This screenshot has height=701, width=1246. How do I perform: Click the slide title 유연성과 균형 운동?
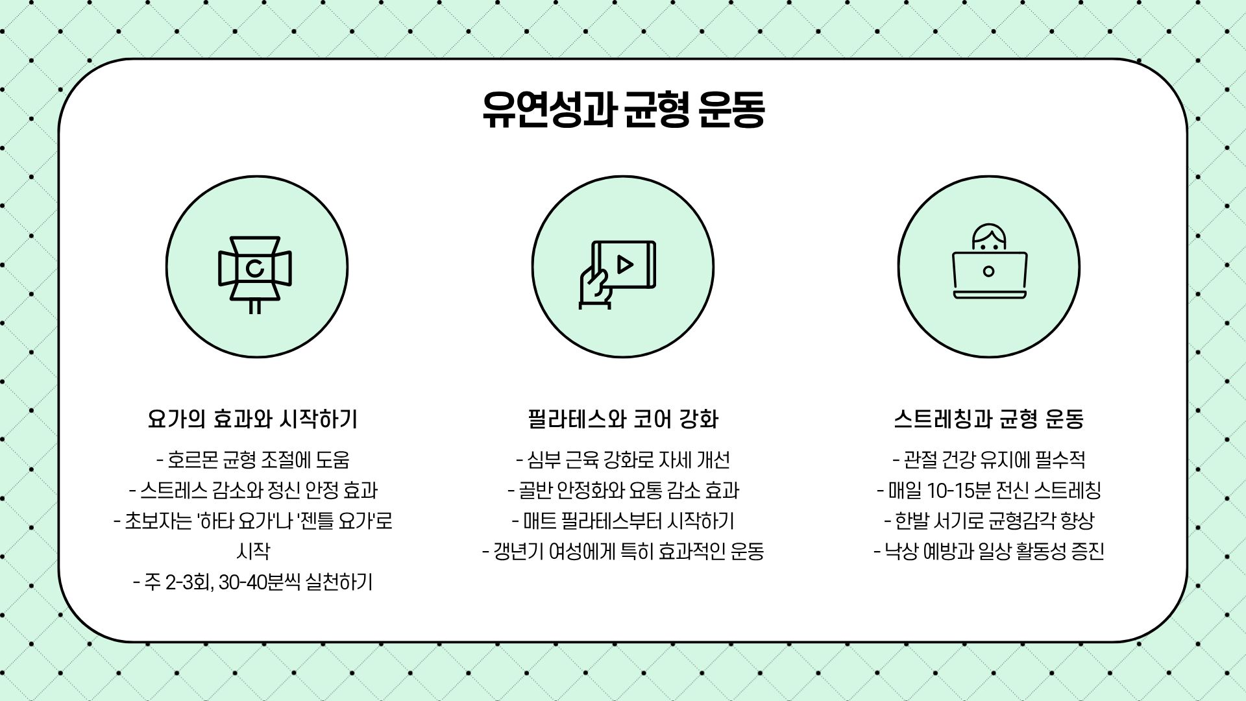tap(623, 108)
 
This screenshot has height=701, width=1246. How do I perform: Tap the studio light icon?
tap(255, 273)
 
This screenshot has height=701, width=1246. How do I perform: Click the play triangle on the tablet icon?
tap(625, 264)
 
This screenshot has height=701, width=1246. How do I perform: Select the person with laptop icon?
tap(989, 263)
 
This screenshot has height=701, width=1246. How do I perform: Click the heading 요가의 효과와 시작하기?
tap(252, 419)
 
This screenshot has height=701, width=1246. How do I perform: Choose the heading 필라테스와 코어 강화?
tap(623, 419)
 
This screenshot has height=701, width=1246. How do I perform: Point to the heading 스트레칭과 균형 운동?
tap(989, 419)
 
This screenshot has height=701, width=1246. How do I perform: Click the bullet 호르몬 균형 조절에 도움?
tap(253, 460)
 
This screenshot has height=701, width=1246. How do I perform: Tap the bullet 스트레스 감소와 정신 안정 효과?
tap(253, 491)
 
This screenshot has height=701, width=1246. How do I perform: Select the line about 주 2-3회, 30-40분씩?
tap(253, 582)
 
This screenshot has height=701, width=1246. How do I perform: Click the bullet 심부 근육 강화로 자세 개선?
tap(623, 460)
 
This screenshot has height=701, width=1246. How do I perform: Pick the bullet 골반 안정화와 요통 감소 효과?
tap(623, 491)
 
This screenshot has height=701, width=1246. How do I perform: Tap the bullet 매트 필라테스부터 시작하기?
tap(623, 521)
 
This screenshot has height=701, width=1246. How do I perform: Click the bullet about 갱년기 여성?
tap(623, 552)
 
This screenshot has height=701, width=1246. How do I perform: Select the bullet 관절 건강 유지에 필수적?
tap(989, 460)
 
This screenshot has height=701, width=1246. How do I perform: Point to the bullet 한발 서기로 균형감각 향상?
tap(989, 521)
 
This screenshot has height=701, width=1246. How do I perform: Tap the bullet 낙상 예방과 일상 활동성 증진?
tap(989, 552)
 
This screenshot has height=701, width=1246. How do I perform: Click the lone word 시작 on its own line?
tap(253, 552)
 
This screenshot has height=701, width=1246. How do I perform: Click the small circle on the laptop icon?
tap(988, 271)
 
